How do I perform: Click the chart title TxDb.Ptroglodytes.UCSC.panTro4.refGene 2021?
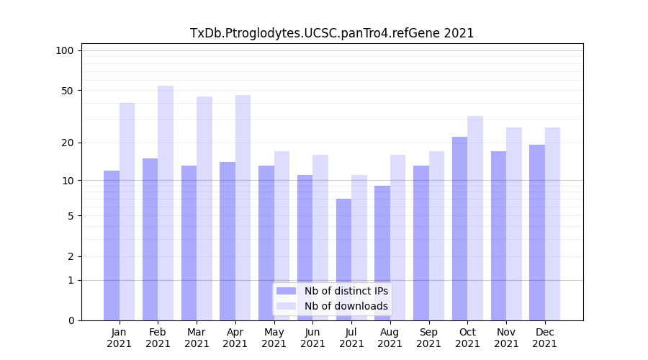332,33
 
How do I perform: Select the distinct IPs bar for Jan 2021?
112,245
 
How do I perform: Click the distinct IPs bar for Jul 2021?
343,259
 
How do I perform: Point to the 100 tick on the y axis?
65,50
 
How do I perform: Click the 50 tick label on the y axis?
68,91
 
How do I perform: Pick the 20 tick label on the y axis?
68,143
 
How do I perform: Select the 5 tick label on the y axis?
71,215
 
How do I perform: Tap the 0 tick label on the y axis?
71,320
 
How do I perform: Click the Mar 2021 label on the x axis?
197,338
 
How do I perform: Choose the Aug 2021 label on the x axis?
390,338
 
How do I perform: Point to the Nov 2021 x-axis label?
506,338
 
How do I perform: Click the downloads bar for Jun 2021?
320,238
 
